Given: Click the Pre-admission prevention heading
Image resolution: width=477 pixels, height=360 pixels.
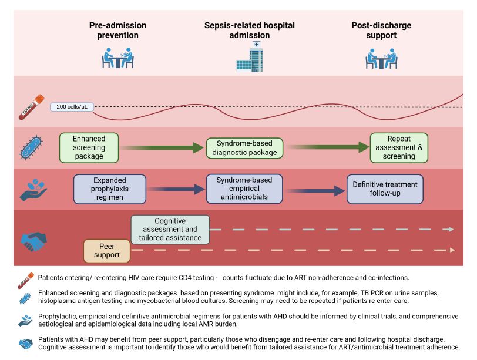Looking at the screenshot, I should coord(117,30).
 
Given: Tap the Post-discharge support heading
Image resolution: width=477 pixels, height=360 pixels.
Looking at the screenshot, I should coord(381,30).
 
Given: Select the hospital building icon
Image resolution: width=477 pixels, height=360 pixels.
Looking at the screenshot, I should coord(249,58).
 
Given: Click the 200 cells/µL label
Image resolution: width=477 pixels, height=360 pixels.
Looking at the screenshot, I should coord(72,107).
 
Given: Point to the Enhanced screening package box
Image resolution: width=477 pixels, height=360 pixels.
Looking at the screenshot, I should coord(89,148).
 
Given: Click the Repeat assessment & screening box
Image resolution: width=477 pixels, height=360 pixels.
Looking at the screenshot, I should coord(398,148).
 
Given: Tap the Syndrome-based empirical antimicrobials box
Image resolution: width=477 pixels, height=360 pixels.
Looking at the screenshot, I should coord(244,189).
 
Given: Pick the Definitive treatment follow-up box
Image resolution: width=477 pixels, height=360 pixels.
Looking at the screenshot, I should coord(384,189).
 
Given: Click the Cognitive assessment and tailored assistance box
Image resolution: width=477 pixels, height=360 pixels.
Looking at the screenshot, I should coord(170,230).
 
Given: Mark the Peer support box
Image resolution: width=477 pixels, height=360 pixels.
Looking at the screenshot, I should coord(107,251).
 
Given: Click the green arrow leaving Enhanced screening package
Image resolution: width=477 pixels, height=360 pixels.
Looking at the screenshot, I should coord(162,148).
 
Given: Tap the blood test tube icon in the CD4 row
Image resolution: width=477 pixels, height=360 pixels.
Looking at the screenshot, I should coord(31,106).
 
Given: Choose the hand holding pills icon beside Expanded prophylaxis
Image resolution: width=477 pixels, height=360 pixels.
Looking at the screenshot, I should coord(33,190).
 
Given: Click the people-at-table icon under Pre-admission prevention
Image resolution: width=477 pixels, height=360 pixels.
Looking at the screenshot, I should coord(117,58).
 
